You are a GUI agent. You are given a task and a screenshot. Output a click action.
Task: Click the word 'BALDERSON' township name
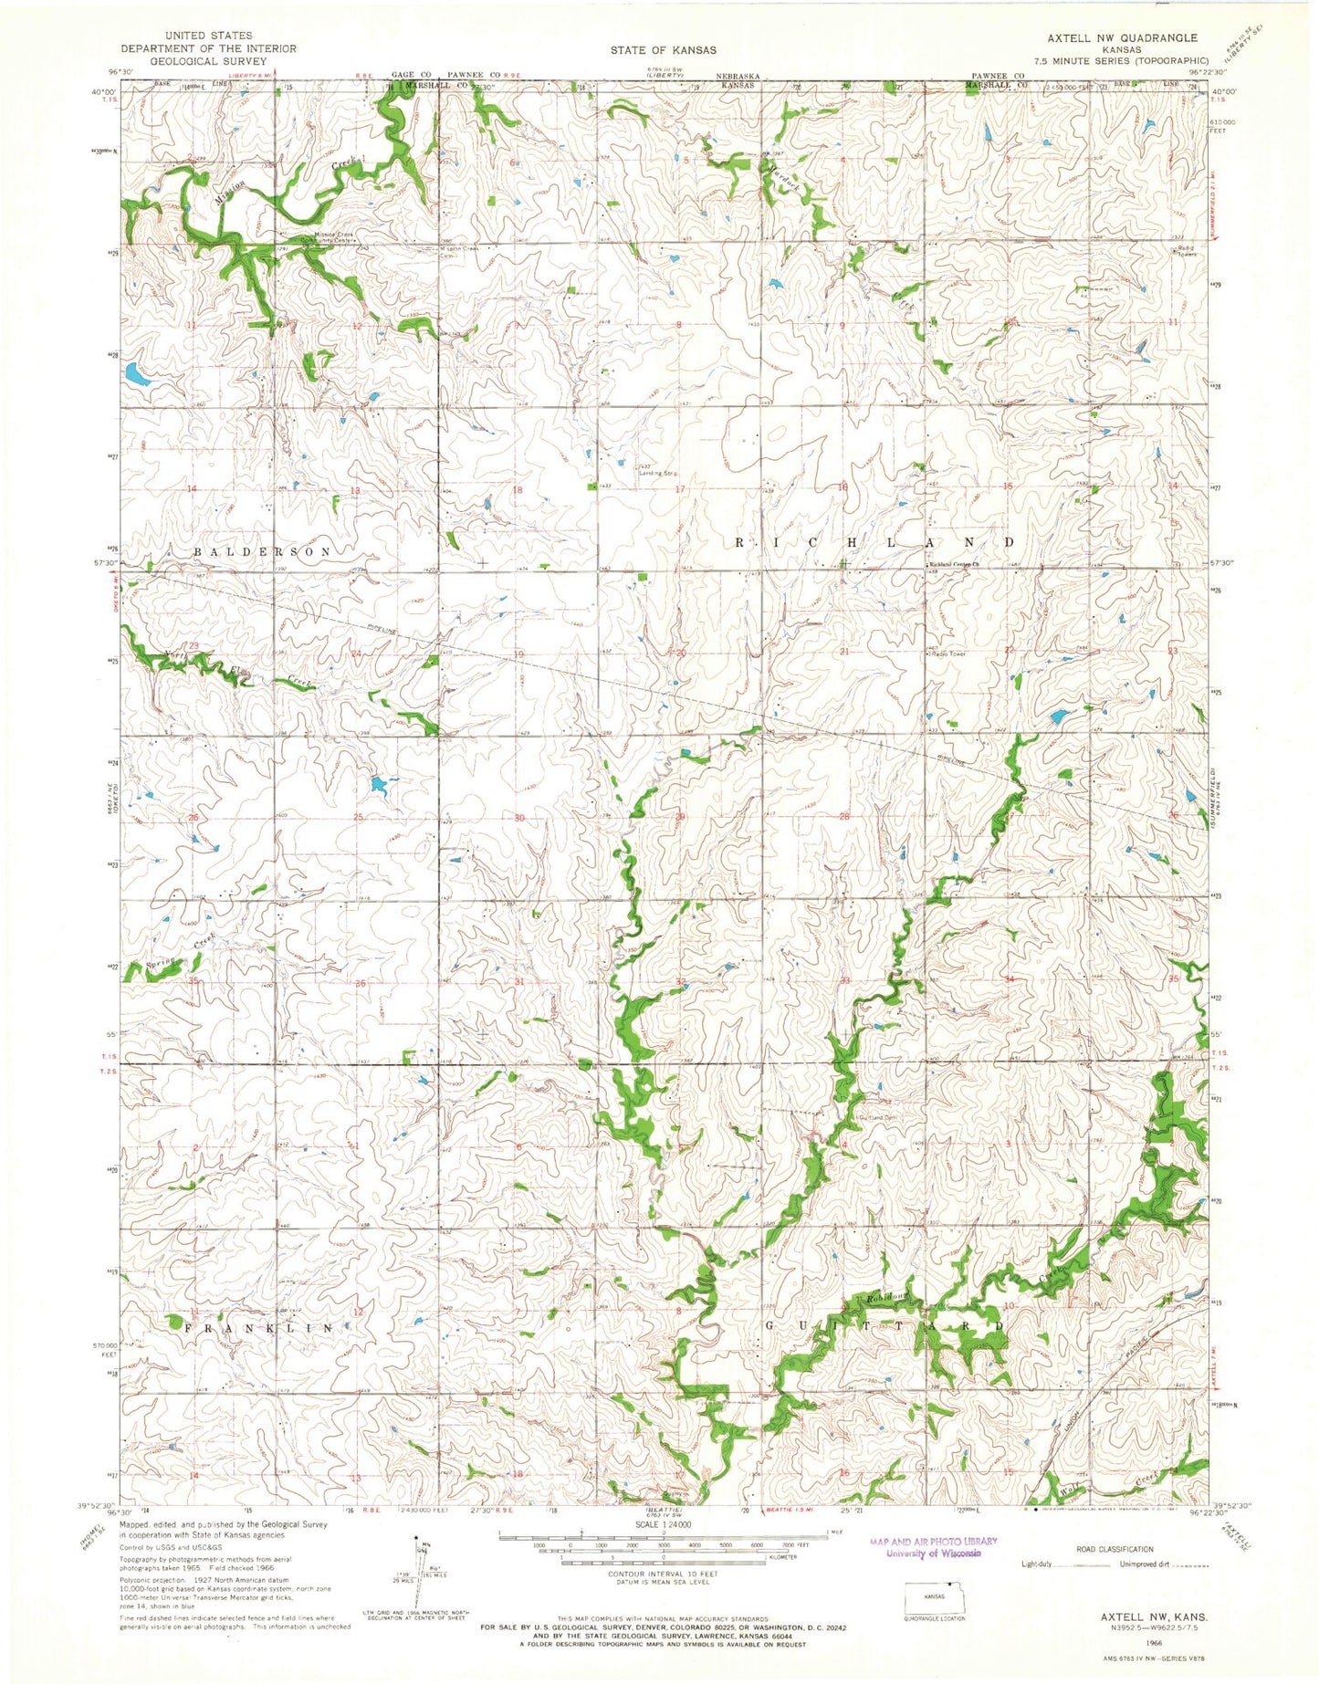pyautogui.click(x=263, y=552)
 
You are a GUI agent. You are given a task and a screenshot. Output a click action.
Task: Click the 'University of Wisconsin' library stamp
pyautogui.click(x=933, y=1553)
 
